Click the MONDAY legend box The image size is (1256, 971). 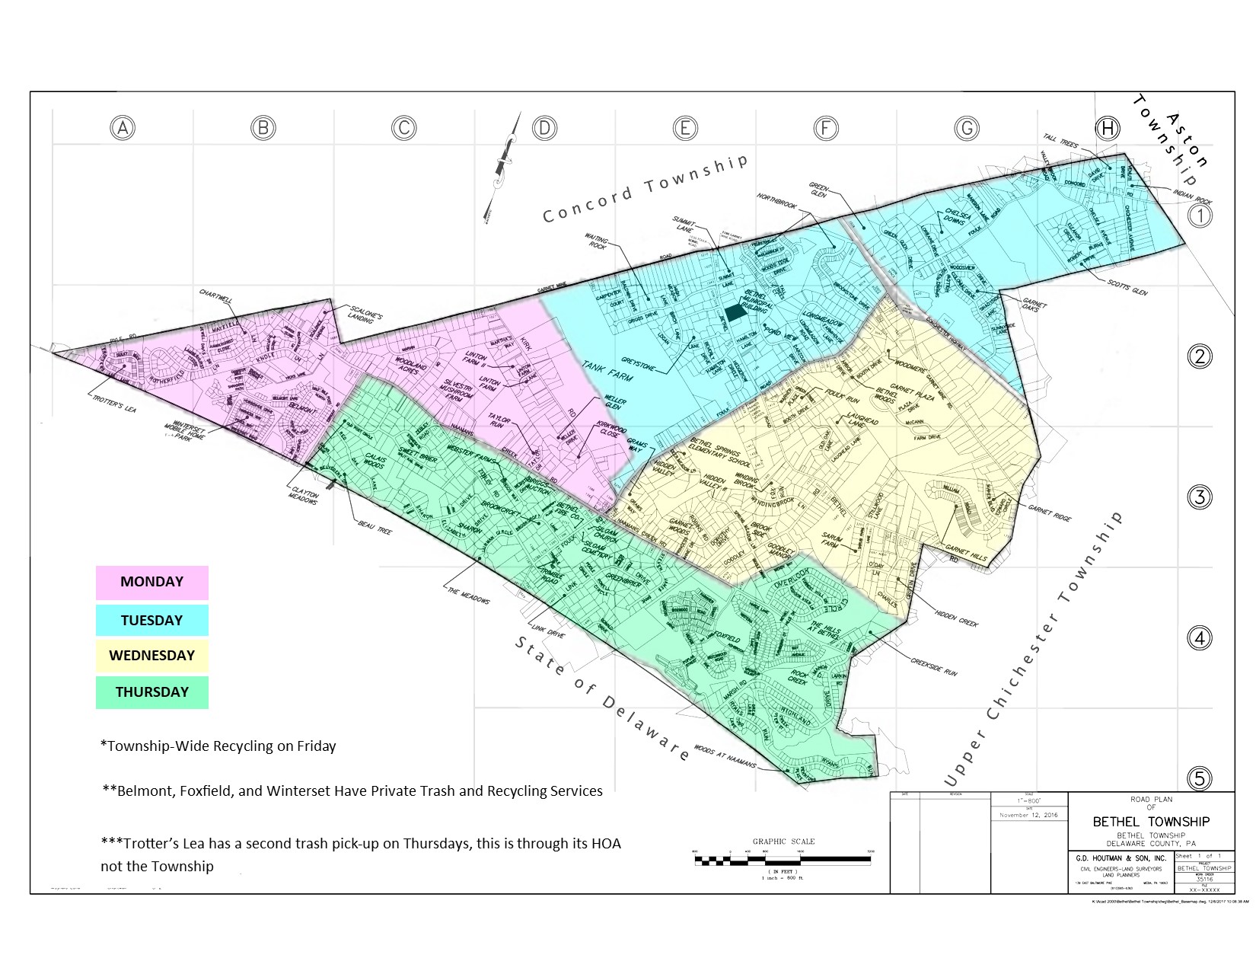[x=151, y=583]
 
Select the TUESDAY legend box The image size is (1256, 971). [x=151, y=620]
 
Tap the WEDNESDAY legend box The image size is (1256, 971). [x=151, y=656]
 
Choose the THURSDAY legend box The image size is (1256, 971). [x=151, y=692]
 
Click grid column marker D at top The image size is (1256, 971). [x=544, y=128]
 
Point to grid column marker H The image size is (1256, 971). [x=1107, y=128]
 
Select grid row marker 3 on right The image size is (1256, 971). [x=1200, y=497]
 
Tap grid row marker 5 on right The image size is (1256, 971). [x=1200, y=778]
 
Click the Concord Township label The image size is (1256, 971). [x=645, y=187]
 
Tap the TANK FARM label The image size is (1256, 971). [x=607, y=371]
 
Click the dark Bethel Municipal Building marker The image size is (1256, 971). [x=735, y=312]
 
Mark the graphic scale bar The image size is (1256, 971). [x=783, y=860]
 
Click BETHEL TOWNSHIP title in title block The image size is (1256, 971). [x=1150, y=822]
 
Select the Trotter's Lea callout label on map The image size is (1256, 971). [x=114, y=404]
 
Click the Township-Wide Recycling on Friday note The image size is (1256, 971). [x=218, y=746]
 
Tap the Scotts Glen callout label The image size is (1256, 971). [x=1127, y=286]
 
